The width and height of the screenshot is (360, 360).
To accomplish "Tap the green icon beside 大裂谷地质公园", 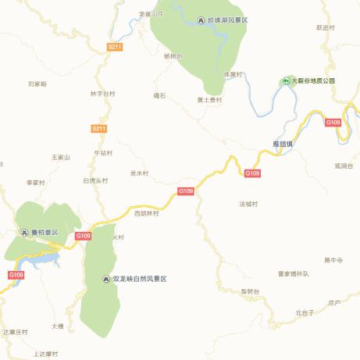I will (x=286, y=80).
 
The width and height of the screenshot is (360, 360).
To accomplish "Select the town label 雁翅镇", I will (x=282, y=144).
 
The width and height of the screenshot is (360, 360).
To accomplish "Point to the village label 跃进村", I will (x=325, y=27).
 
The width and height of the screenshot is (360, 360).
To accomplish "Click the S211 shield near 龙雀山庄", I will (x=115, y=48).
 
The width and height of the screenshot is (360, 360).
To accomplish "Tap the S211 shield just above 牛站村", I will (x=98, y=128).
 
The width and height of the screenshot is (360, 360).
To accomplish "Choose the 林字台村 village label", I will (x=102, y=94).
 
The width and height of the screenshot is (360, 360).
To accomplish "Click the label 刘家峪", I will (x=37, y=83).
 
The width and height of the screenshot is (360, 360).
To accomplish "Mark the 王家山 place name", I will (x=60, y=157).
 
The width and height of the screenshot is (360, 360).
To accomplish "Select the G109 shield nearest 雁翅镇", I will (x=252, y=173).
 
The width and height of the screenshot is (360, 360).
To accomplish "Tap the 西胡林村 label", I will (x=146, y=213).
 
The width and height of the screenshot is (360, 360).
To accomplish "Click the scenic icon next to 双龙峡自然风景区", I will (x=106, y=279).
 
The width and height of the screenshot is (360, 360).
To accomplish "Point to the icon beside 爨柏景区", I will (x=24, y=233).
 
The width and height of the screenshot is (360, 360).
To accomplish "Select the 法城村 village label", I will (x=248, y=204).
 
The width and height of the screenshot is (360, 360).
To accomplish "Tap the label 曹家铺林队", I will (x=294, y=273).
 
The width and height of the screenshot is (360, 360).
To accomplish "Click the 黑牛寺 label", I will (x=333, y=259).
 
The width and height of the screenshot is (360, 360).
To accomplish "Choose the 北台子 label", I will (x=305, y=312).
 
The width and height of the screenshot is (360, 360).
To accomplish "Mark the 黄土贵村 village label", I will (x=209, y=100).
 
